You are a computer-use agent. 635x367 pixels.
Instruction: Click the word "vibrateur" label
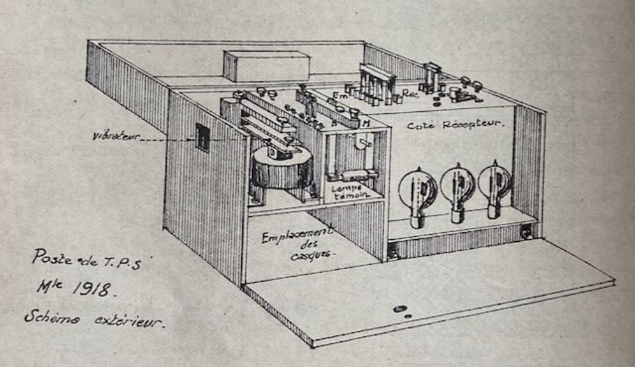click(115, 138)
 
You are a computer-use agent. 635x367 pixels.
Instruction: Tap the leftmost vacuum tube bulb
click(420, 189)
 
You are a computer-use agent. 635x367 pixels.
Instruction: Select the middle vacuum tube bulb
click(457, 186)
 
